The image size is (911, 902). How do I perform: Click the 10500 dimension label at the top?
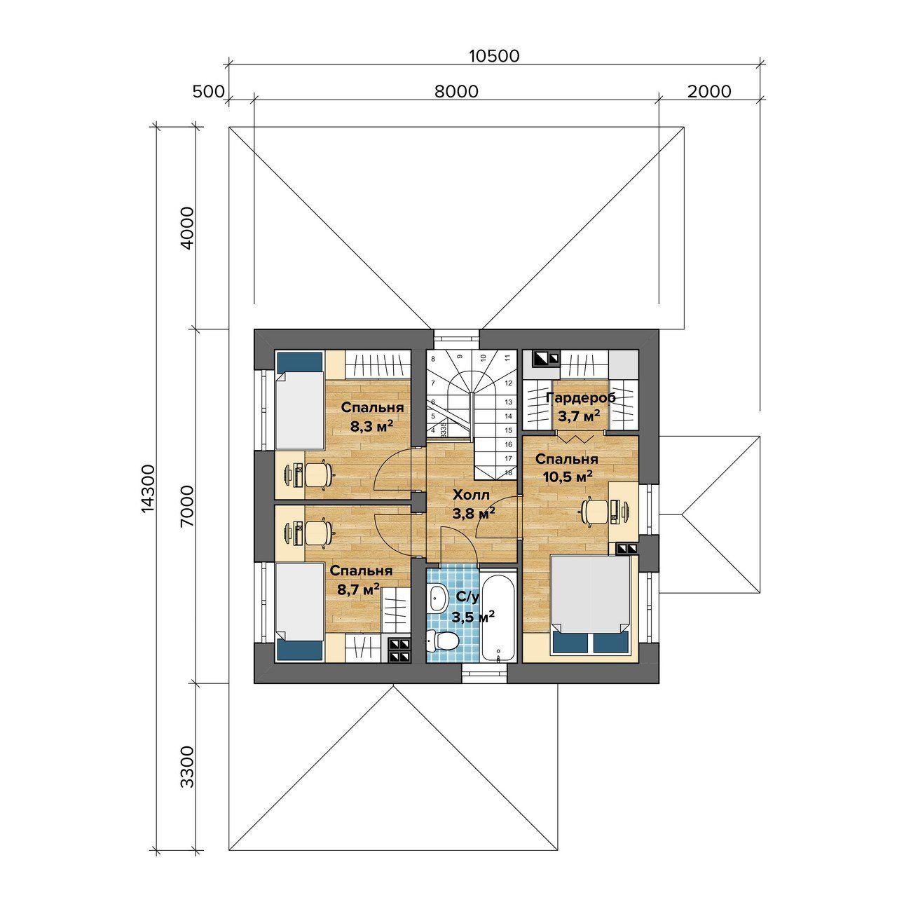click(x=494, y=56)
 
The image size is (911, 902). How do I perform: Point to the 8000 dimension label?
click(x=457, y=91)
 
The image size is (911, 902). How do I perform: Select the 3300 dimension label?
click(x=188, y=767)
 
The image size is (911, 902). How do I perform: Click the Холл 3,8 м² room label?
click(x=474, y=504)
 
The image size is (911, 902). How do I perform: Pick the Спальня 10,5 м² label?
click(x=567, y=467)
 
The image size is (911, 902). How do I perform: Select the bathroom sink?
click(x=437, y=597)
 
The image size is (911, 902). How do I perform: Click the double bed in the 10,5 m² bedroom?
click(x=591, y=605)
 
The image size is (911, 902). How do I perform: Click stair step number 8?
click(x=433, y=359)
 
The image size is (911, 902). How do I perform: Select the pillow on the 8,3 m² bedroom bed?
click(x=300, y=362)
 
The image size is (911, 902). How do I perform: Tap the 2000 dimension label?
click(x=708, y=91)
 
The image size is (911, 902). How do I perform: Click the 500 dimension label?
click(x=208, y=91)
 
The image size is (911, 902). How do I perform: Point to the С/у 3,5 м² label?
click(x=473, y=606)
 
